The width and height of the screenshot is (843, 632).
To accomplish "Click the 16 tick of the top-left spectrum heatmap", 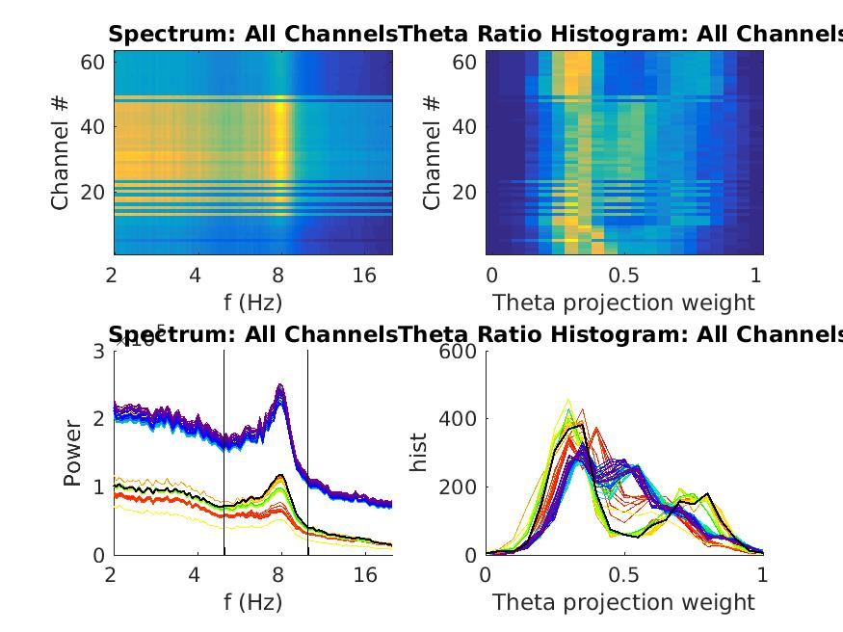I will tap(364, 276).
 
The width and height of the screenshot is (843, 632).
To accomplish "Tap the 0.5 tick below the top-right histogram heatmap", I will tap(622, 276).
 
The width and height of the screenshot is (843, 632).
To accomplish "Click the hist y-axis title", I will tap(420, 453).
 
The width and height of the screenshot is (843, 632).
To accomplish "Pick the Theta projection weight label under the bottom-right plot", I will tap(623, 602).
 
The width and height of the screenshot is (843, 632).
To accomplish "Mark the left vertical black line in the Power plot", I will tap(224, 453).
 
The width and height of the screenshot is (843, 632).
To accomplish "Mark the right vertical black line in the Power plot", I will tap(308, 453).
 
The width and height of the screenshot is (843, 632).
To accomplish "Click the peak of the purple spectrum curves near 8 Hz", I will tap(280, 386).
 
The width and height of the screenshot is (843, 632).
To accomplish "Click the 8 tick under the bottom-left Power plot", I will tap(280, 575).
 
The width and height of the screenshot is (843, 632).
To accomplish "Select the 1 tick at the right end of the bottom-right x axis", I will tap(762, 575).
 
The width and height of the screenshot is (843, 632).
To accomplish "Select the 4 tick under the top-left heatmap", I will tap(196, 276).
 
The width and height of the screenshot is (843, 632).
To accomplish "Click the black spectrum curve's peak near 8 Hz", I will tap(280, 475).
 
